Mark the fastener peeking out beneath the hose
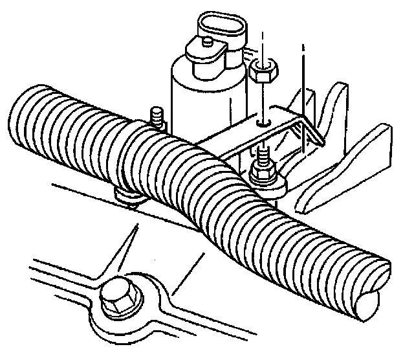tap(127, 197)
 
